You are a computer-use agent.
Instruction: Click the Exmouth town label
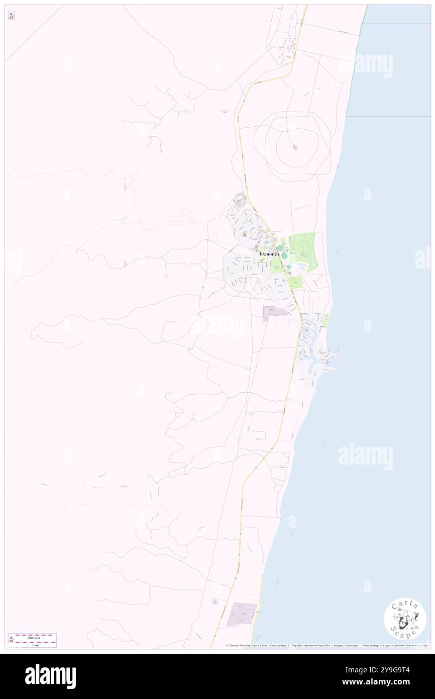pyautogui.click(x=269, y=254)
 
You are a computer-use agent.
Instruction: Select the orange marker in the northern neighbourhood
pyautogui.click(x=244, y=235)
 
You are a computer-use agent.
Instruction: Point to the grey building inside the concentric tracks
pyautogui.click(x=294, y=147)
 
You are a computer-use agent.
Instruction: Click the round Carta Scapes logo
pyautogui.click(x=405, y=619)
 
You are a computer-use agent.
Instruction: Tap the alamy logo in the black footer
pyautogui.click(x=50, y=676)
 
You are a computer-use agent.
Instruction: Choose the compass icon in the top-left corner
pyautogui.click(x=11, y=15)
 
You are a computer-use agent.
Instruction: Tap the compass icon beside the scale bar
pyautogui.click(x=11, y=640)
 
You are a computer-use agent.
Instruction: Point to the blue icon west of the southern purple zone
pyautogui.click(x=214, y=600)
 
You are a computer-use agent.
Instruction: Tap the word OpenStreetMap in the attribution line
pyautogui.click(x=310, y=645)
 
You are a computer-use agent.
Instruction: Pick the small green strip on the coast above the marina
pyautogui.click(x=325, y=319)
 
